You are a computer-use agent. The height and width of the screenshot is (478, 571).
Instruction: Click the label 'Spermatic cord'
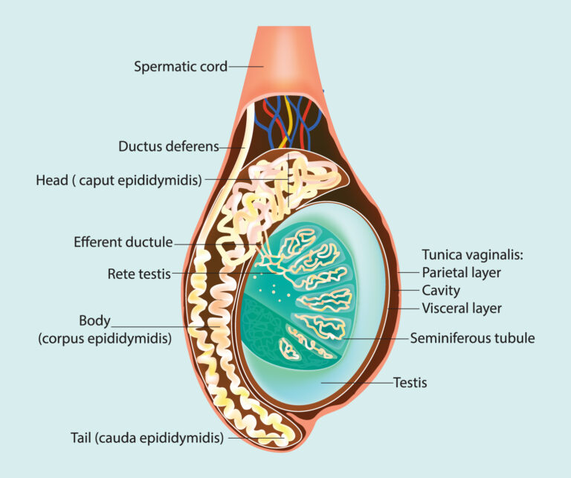click(180, 66)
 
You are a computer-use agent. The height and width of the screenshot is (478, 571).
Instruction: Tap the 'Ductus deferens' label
click(169, 146)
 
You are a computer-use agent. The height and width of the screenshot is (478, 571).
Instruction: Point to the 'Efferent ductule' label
click(123, 242)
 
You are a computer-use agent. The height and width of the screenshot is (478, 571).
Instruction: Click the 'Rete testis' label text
click(139, 273)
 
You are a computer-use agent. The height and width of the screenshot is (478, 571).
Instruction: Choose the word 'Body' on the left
click(94, 321)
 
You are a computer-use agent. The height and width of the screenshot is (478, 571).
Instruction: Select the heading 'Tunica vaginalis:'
click(472, 254)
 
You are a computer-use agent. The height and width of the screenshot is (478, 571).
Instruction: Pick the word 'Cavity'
click(441, 290)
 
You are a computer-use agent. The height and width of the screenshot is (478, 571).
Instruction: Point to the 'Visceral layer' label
click(462, 308)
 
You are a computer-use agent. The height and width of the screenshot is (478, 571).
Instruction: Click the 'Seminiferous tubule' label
click(472, 338)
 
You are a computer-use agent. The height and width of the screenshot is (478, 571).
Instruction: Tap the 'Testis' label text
click(410, 384)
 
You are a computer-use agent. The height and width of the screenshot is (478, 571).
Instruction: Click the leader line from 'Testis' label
click(357, 384)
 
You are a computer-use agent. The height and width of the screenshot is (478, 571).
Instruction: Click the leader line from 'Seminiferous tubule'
click(372, 338)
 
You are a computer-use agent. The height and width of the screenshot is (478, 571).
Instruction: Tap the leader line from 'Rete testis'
click(216, 273)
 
